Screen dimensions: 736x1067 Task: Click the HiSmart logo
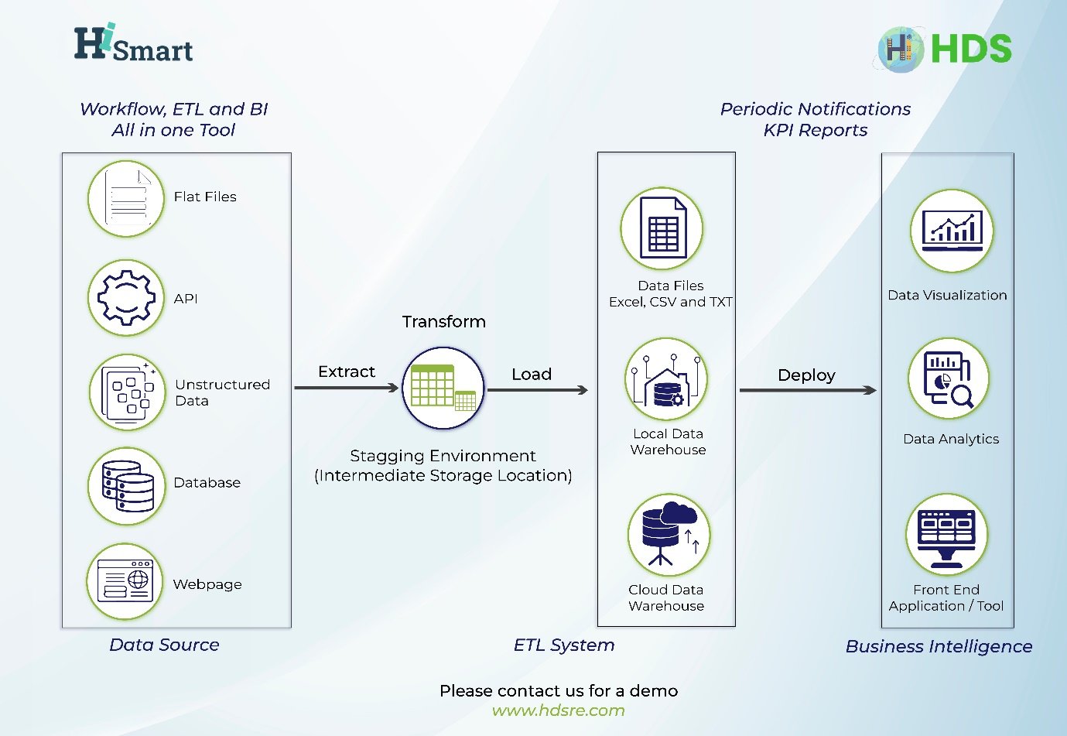133,44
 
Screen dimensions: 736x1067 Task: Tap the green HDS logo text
971,49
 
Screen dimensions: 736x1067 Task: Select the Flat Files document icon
127,199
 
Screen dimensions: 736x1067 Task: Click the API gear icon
126,298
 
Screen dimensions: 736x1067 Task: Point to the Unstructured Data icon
128,392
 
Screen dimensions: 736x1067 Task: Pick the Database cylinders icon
127,486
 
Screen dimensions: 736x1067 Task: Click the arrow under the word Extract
347,387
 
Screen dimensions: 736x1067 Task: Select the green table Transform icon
443,388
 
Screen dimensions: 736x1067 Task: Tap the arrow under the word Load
538,390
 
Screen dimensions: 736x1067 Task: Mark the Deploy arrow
808,390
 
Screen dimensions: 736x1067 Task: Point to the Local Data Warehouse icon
666,379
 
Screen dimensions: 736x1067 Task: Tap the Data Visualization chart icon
952,231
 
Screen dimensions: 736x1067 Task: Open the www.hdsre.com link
558,710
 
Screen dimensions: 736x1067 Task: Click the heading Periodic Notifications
816,109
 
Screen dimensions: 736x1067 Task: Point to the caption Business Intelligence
939,646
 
